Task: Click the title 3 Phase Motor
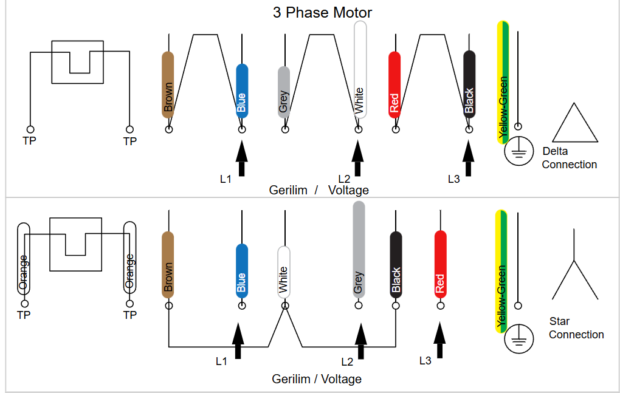click(322, 12)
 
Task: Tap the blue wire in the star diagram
click(242, 270)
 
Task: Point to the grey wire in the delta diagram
click(283, 91)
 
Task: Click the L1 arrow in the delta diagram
click(242, 159)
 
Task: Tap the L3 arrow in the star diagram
click(439, 340)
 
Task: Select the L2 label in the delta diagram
click(344, 179)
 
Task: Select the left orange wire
click(24, 261)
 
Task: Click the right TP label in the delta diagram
click(130, 142)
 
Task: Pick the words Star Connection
click(576, 328)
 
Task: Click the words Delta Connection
click(569, 158)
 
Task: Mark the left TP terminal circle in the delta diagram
click(30, 129)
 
